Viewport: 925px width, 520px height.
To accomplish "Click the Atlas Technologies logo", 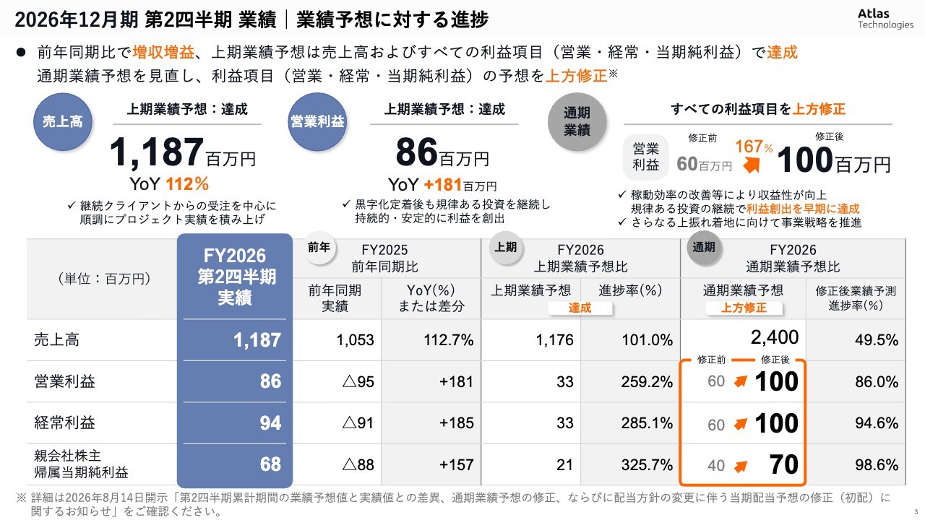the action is tap(885, 19).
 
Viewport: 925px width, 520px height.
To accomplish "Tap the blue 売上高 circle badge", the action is tap(63, 122).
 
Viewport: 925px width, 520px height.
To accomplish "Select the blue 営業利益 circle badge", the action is tap(317, 122).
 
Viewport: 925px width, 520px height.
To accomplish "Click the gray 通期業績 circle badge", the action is tap(577, 122).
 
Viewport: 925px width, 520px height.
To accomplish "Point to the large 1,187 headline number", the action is tap(157, 152).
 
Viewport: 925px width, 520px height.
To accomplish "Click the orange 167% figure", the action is tap(754, 147).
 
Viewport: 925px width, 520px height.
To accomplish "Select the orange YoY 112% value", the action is tap(187, 184).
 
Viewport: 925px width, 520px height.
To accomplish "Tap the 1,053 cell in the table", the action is tap(355, 340).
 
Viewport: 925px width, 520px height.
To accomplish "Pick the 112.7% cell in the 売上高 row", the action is tap(449, 340).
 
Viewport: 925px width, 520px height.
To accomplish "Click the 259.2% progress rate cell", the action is tap(647, 382).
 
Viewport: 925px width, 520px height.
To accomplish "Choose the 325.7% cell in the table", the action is tap(647, 464).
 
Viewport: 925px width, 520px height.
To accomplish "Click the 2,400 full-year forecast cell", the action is tap(775, 337).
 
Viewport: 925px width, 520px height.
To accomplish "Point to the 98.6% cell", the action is tap(877, 465).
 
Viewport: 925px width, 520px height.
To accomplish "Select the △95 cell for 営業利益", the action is tap(358, 382).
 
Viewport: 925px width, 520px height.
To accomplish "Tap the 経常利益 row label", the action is tap(64, 422).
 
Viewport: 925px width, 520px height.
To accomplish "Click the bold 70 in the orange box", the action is tap(784, 464).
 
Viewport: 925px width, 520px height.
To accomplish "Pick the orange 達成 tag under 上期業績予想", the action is tap(580, 308).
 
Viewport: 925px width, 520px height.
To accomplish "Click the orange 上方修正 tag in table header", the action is tap(744, 308).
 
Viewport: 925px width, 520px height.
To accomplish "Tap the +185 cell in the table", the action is tap(456, 423).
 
